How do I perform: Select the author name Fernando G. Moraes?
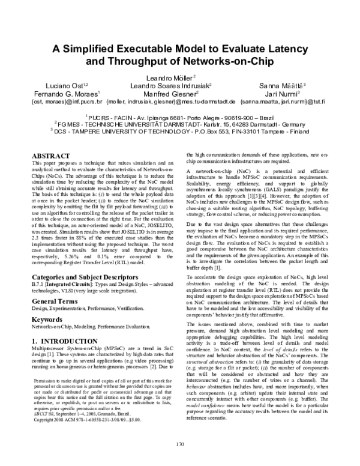[69, 94]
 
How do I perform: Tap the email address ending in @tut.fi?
[283, 102]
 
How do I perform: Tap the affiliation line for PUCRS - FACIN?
[180, 118]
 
